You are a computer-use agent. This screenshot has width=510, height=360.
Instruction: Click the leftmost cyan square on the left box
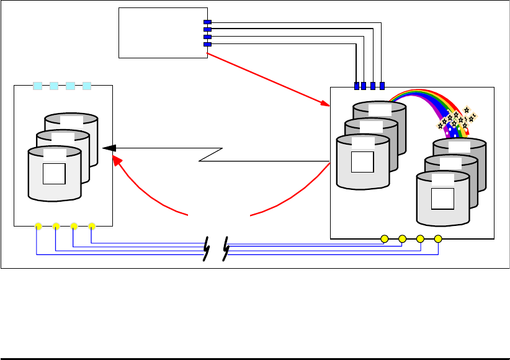pyautogui.click(x=38, y=86)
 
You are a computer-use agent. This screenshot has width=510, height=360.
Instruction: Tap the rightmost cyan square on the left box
pyautogui.click(x=87, y=86)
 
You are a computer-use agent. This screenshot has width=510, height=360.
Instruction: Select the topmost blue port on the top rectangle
pyautogui.click(x=208, y=22)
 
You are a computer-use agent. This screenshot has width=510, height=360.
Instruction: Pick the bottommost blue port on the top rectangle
pyautogui.click(x=208, y=45)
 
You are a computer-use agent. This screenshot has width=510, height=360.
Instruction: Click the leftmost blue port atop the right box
pyautogui.click(x=357, y=86)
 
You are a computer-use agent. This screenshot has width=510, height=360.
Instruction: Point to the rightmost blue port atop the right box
pyautogui.click(x=382, y=86)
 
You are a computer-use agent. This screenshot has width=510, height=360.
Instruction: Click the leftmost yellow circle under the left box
pyautogui.click(x=38, y=226)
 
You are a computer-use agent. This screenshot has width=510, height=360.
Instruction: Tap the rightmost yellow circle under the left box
pyautogui.click(x=92, y=226)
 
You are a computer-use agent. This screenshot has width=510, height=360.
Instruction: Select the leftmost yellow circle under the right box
pyautogui.click(x=385, y=238)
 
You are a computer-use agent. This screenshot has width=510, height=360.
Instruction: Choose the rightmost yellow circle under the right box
pyautogui.click(x=438, y=238)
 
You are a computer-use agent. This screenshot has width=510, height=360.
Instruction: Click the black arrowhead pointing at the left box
pyautogui.click(x=109, y=148)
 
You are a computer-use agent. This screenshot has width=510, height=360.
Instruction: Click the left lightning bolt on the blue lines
pyautogui.click(x=206, y=248)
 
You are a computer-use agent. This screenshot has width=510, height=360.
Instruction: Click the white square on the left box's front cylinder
pyautogui.click(x=54, y=173)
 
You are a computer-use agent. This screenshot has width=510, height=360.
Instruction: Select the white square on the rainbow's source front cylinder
pyautogui.click(x=362, y=161)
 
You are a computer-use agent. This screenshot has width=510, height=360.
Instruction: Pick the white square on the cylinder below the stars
pyautogui.click(x=442, y=199)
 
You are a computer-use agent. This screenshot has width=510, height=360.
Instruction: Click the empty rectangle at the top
pyautogui.click(x=163, y=32)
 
